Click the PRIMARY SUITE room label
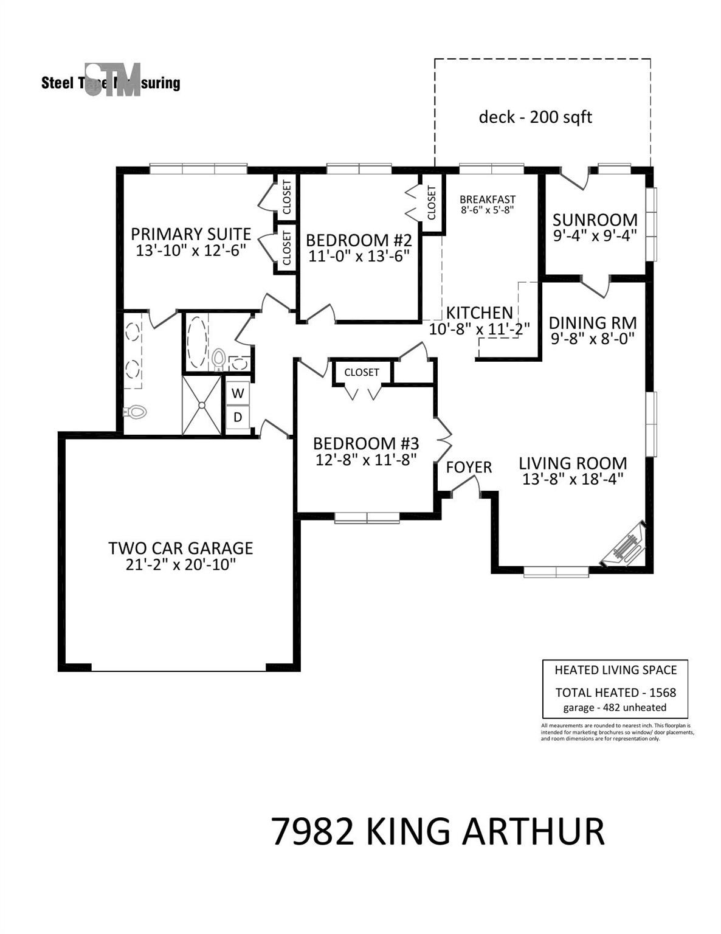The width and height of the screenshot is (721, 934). [x=191, y=234]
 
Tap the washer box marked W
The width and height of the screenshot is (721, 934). [x=238, y=393]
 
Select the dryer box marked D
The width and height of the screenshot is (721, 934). [x=238, y=417]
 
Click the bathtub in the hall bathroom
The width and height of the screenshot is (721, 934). [x=197, y=341]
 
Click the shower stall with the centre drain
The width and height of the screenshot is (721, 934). [x=202, y=405]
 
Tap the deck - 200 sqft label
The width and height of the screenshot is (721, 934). [x=535, y=117]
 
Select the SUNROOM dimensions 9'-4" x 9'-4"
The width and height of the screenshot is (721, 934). [x=595, y=235]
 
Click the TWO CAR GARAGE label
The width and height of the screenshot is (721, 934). [x=181, y=548]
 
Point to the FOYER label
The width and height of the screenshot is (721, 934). [x=469, y=467]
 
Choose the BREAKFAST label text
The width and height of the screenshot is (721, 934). [x=487, y=199]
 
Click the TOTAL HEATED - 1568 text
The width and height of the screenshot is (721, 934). [x=615, y=693]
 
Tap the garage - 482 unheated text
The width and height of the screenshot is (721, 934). [x=615, y=707]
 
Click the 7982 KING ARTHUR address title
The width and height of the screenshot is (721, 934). [x=437, y=831]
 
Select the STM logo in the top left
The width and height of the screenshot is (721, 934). [x=112, y=80]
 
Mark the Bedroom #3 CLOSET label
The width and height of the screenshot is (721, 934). [x=361, y=372]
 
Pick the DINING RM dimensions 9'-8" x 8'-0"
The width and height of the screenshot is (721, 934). [x=593, y=339]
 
